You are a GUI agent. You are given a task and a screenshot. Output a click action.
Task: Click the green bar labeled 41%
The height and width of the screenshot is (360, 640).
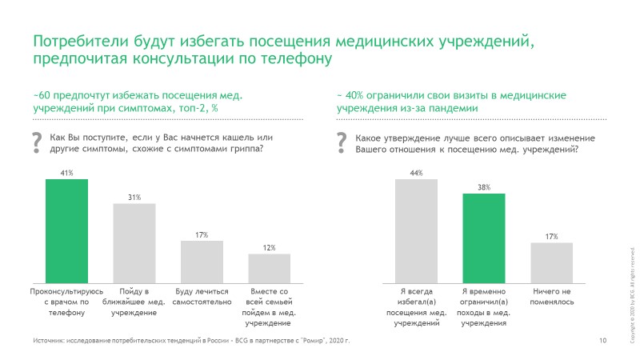66,228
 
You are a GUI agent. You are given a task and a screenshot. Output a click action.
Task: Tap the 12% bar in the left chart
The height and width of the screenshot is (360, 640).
269,265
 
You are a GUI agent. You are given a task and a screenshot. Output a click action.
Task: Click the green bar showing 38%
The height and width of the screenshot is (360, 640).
484,235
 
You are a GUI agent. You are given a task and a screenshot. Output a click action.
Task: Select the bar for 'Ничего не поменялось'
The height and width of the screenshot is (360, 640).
551,260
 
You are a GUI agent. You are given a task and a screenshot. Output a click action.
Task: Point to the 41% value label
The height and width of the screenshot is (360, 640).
66,172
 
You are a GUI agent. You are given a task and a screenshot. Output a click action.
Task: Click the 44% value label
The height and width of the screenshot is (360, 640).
416,172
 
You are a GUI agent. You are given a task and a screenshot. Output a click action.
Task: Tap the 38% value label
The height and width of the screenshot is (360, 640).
484,187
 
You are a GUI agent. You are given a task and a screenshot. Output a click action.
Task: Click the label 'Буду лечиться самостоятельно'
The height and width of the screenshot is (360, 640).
202,297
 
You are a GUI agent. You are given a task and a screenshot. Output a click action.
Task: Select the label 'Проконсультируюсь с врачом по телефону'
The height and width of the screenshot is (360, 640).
66,302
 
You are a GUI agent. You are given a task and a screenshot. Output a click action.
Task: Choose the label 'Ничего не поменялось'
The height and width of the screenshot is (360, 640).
551,297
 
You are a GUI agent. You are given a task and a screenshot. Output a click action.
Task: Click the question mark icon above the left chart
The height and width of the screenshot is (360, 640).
36,142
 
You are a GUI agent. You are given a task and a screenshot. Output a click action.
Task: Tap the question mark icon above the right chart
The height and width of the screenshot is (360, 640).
342,142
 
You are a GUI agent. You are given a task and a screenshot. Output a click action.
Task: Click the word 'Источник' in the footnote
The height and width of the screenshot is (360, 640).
48,342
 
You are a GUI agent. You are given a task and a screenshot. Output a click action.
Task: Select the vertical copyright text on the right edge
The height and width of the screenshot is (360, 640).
630,296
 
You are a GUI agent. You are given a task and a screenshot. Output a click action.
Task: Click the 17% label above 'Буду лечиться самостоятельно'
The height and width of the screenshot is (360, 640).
202,234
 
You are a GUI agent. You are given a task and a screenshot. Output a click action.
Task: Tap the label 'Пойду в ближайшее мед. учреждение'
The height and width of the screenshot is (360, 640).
134,302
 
